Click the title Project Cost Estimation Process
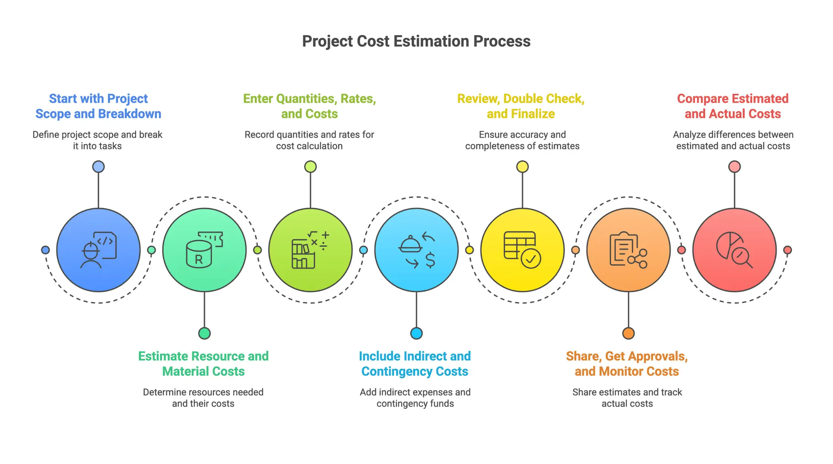point(416,41)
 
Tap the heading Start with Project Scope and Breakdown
point(98,106)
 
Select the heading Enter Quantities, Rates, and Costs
point(309,106)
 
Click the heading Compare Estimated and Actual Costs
point(732,106)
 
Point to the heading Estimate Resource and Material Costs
point(203,364)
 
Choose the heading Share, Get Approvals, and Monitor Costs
point(627,364)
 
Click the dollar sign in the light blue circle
point(430,260)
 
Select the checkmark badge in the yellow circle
point(531,259)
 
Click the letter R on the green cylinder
point(199,259)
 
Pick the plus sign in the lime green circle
point(325,235)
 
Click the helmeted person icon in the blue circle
point(91,255)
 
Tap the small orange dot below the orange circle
point(628,333)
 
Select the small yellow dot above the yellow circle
point(522,167)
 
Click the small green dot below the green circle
point(204,333)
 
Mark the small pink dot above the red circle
point(734,167)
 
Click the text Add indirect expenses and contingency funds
point(415,398)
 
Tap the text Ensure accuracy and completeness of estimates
point(522,140)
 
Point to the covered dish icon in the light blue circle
point(410,244)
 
